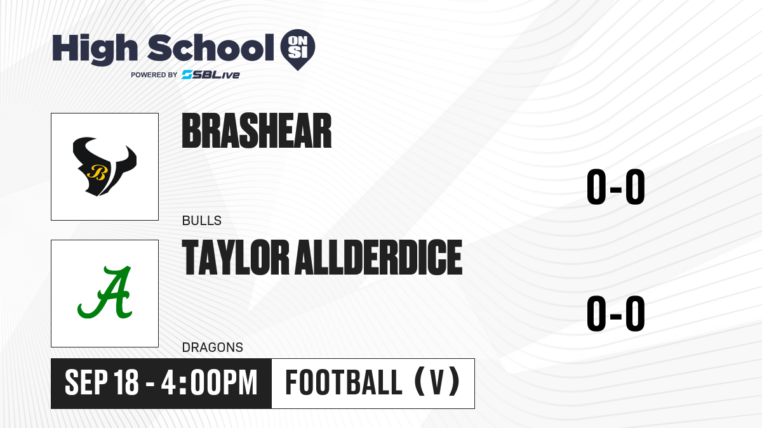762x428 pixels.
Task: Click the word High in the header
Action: point(95,49)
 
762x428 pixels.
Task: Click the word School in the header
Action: point(211,48)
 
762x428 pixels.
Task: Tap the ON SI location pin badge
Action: point(298,49)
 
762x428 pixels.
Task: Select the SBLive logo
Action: point(211,75)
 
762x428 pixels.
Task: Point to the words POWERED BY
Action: point(154,75)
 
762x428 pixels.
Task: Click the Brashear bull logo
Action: point(104,166)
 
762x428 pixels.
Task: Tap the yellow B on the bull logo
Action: point(97,172)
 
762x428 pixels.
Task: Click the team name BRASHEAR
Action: point(257,131)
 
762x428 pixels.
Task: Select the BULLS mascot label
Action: point(202,221)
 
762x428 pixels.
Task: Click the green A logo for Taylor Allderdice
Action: point(105,293)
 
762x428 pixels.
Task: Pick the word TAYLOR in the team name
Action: point(236,257)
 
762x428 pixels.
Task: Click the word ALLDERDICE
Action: point(378,257)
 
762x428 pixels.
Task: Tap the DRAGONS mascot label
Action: point(213,347)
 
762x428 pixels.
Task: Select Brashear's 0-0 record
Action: point(616,187)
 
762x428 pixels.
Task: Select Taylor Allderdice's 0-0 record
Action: point(616,313)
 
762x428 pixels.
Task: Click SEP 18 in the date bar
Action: point(102,382)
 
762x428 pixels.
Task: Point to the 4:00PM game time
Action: point(209,382)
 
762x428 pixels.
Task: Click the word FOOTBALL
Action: point(344,382)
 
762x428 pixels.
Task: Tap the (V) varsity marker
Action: point(437,382)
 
